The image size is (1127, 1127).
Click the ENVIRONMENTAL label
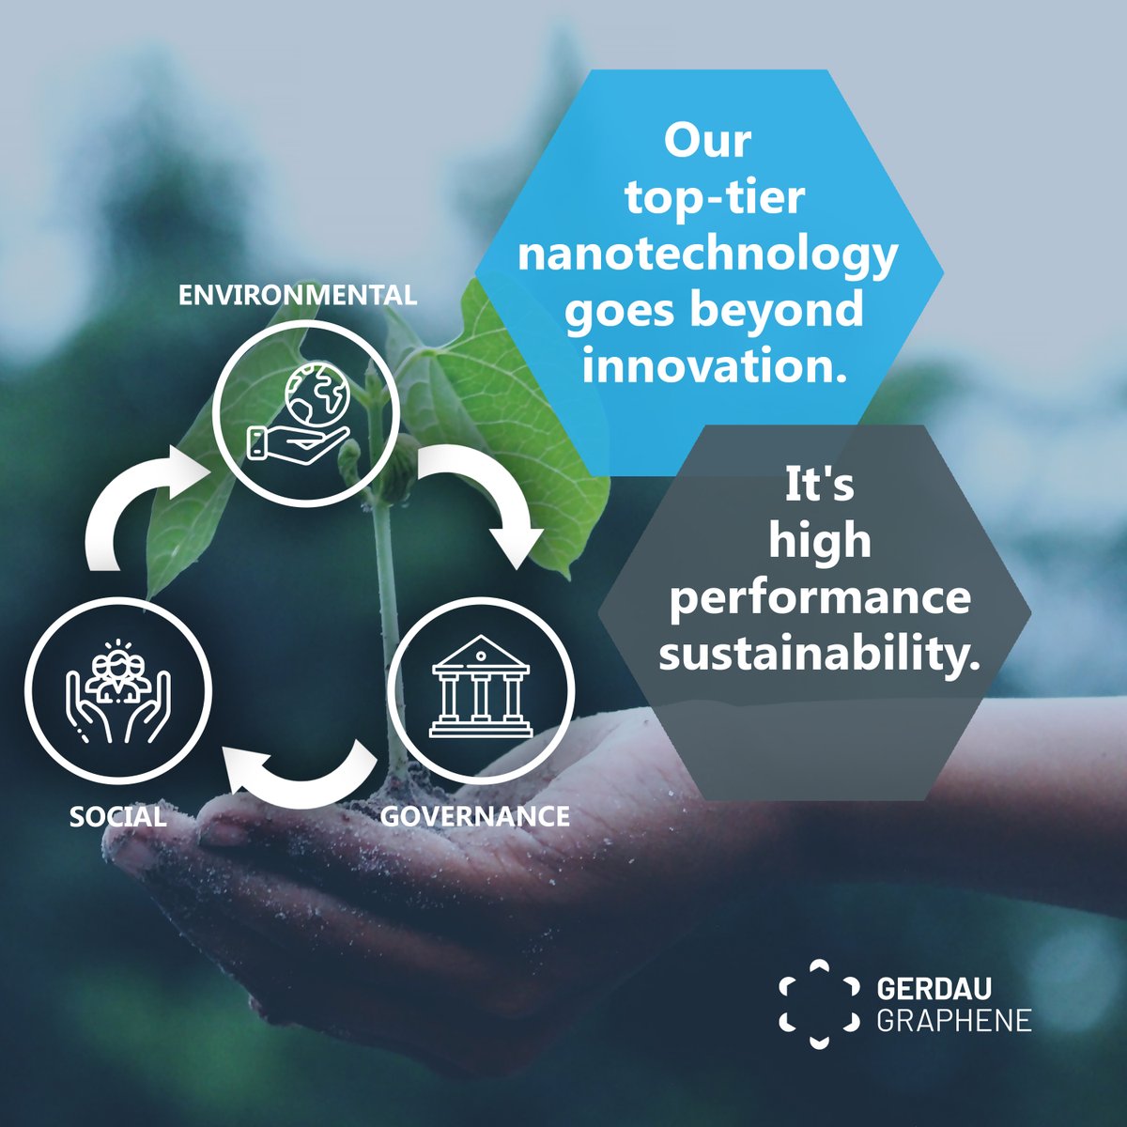click(297, 295)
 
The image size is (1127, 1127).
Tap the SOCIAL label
click(118, 816)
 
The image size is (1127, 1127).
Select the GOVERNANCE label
click(474, 815)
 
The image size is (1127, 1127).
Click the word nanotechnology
click(706, 255)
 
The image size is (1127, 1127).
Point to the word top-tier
click(707, 199)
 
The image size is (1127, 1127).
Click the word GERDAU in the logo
click(934, 989)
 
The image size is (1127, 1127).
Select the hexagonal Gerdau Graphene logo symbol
click(819, 1004)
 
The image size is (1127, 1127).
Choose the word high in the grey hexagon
click(820, 543)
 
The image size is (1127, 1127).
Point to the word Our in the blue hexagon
click(707, 143)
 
